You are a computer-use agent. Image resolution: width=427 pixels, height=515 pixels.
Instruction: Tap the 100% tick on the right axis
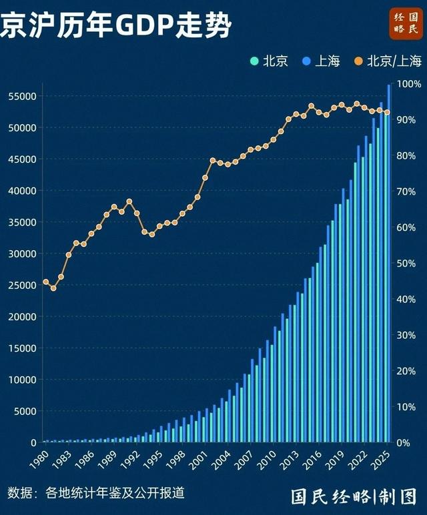coord(409,84)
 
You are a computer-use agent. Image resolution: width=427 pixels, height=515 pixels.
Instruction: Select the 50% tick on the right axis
coord(409,264)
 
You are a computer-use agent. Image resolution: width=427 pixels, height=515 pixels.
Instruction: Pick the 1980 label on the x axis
coord(38,460)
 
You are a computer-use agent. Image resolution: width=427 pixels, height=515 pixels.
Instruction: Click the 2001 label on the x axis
coord(197,460)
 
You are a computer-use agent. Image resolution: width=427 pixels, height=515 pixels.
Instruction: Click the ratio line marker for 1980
coord(46,282)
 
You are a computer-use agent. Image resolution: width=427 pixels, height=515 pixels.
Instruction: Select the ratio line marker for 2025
coord(387,112)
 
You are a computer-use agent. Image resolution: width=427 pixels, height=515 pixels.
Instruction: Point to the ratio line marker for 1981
coord(53,288)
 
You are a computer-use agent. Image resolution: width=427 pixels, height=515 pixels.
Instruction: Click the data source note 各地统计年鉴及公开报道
coord(114,493)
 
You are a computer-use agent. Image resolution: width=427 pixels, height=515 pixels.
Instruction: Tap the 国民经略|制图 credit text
coord(353,496)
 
